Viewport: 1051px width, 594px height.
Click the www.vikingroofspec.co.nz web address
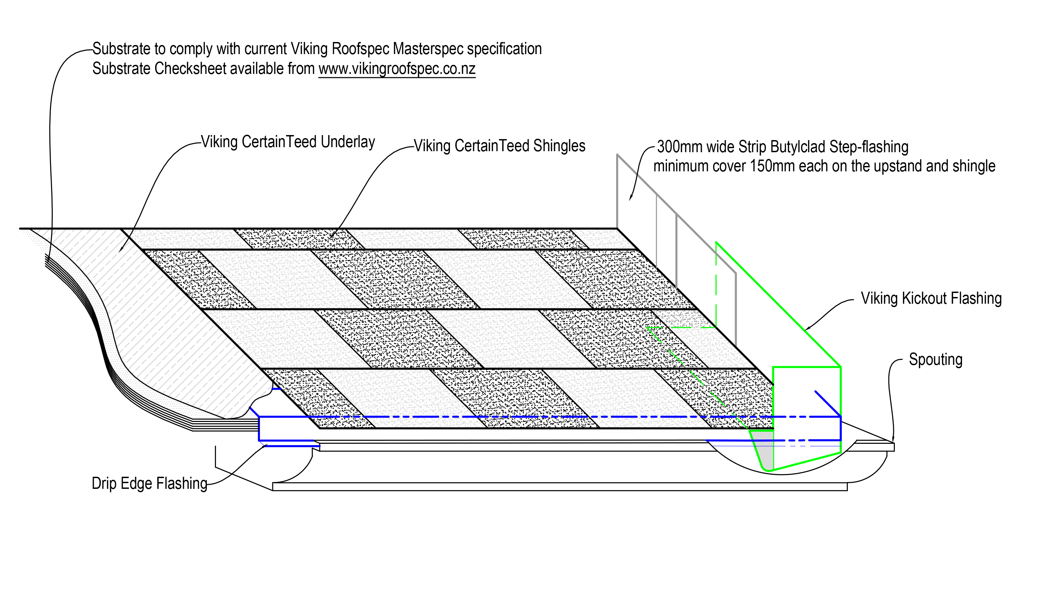397,69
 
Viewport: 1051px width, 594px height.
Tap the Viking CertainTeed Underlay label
288,142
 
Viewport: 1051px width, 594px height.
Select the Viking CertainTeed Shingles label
499,146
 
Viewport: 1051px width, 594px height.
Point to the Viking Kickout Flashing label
931,298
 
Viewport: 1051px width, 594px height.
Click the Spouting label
935,360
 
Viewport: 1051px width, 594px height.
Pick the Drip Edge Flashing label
149,483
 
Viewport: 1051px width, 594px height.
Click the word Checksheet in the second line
190,69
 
